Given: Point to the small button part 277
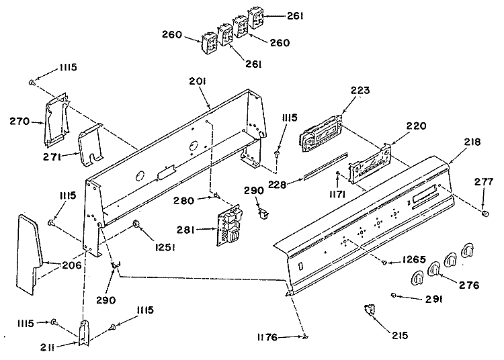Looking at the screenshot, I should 483,213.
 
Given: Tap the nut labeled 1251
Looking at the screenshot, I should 136,224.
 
